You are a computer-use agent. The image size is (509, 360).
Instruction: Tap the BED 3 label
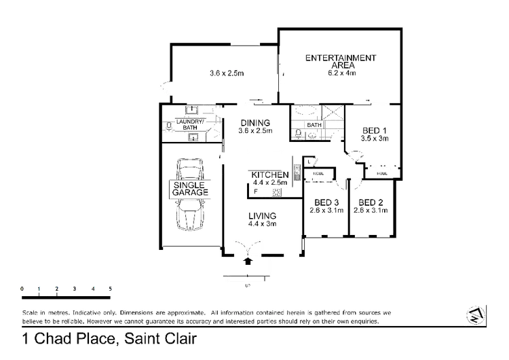coord(326,202)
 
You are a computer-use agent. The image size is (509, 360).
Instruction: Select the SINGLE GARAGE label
coord(190,189)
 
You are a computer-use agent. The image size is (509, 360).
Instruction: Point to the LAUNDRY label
coord(183,121)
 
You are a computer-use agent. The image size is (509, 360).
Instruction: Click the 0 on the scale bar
coord(22,288)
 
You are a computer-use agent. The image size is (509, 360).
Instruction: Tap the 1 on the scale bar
coord(40,288)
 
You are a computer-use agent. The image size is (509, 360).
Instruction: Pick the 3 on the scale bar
coord(75,288)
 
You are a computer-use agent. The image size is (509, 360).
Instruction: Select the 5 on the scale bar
coord(111,288)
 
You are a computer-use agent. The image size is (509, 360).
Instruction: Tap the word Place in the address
coord(93,338)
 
